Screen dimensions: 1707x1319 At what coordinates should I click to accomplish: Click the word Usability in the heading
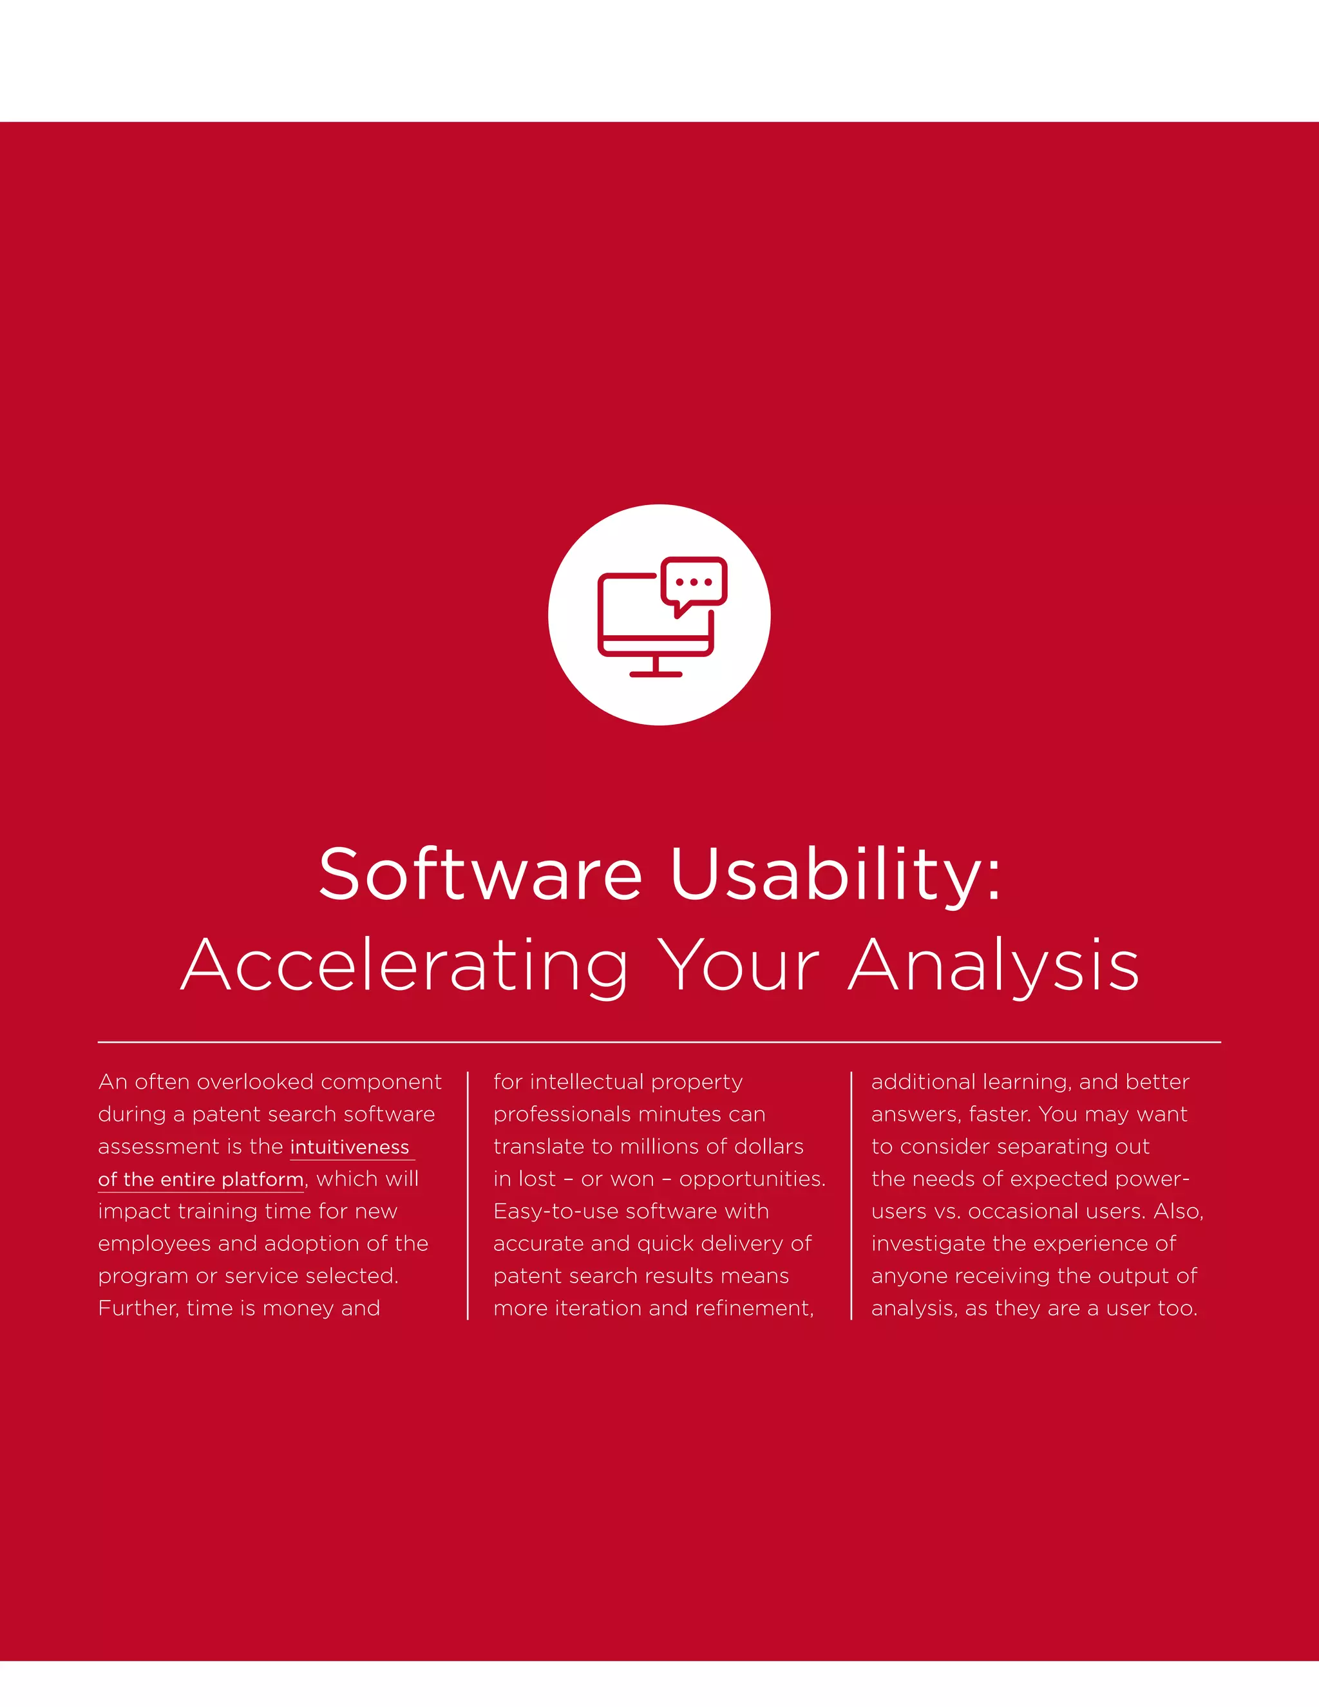pyautogui.click(x=835, y=874)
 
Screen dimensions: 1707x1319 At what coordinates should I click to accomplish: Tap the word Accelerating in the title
pyautogui.click(x=404, y=966)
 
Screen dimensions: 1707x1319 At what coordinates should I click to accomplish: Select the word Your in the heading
pyautogui.click(x=737, y=966)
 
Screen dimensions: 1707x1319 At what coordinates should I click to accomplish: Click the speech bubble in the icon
pyautogui.click(x=694, y=582)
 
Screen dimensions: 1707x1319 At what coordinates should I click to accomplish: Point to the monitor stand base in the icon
pyautogui.click(x=656, y=674)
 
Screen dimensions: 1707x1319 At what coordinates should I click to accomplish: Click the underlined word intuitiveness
pyautogui.click(x=350, y=1147)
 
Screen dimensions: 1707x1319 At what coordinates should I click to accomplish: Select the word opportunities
pyautogui.click(x=752, y=1179)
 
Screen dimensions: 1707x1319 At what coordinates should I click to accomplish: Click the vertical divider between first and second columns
pyautogui.click(x=468, y=1196)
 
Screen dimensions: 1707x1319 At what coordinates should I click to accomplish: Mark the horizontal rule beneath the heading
pyautogui.click(x=659, y=1042)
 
